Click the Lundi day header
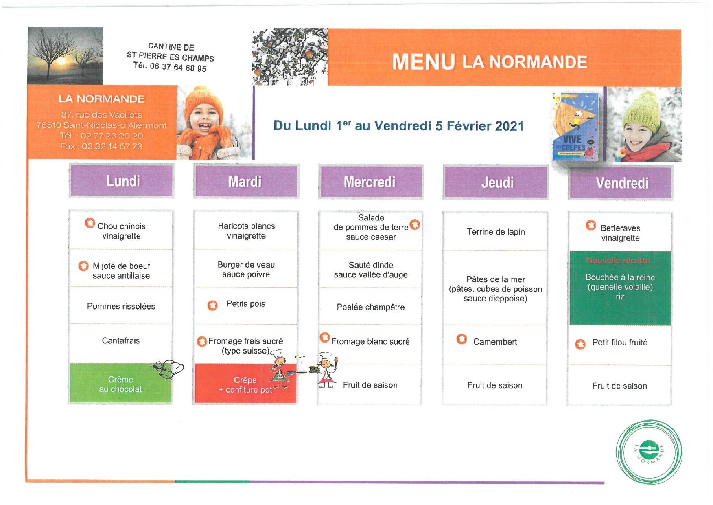coord(122,181)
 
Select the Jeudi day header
coord(497,183)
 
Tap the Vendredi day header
coord(621,183)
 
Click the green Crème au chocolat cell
coord(120,384)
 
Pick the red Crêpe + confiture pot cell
coord(245,384)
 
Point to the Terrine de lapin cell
coord(495,232)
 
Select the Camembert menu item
coord(495,342)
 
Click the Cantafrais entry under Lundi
coord(120,340)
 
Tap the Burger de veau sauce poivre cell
coord(246,269)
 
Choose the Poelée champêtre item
coord(370,307)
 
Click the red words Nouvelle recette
coord(618,261)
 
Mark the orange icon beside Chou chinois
coord(90,223)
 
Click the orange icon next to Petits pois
coord(212,305)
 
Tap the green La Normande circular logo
coord(649,452)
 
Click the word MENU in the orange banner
coord(423,62)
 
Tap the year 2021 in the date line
coord(510,126)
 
